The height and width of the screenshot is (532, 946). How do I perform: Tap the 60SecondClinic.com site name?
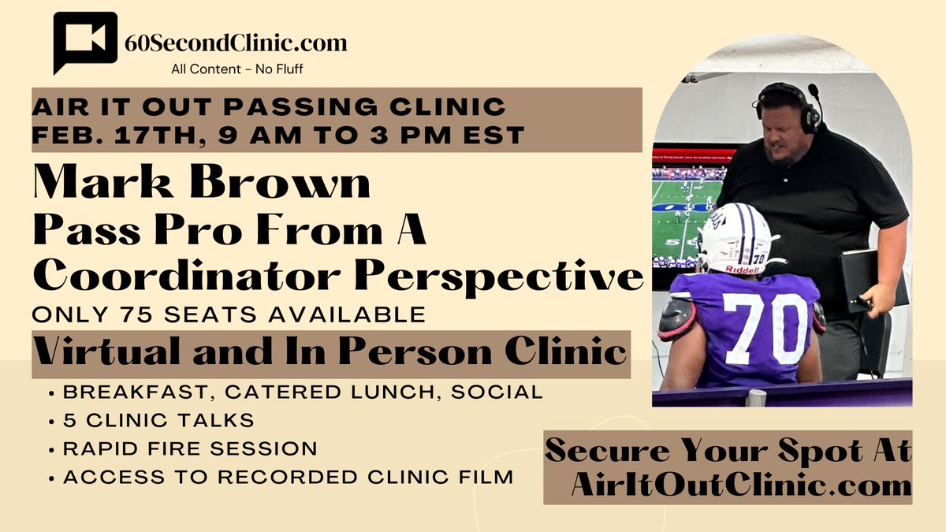(236, 43)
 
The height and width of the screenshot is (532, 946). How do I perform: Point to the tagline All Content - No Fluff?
(237, 69)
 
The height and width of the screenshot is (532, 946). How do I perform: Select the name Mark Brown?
(201, 184)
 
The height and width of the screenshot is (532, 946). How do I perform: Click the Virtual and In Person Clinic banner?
(330, 352)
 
